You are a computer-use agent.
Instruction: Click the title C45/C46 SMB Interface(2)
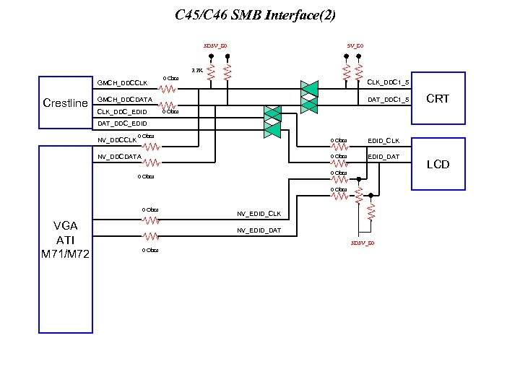click(x=255, y=14)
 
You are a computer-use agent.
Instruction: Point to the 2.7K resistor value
click(x=196, y=71)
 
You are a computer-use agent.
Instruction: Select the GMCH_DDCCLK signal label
click(x=122, y=83)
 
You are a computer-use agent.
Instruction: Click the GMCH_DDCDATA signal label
click(x=124, y=99)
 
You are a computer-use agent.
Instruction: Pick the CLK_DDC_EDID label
click(x=122, y=112)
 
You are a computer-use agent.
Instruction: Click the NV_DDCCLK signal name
click(x=117, y=139)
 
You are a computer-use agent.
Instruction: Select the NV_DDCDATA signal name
click(x=119, y=156)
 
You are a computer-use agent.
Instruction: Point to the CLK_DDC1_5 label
click(x=389, y=82)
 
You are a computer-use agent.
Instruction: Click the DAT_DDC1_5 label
click(x=389, y=99)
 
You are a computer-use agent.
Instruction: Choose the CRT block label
click(x=438, y=98)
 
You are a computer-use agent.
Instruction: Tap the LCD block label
click(x=438, y=165)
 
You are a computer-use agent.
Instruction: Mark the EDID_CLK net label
click(x=383, y=140)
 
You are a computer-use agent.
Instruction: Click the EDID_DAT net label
click(x=383, y=156)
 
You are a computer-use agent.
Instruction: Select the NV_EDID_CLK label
click(x=259, y=214)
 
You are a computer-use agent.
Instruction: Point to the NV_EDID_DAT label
click(x=259, y=230)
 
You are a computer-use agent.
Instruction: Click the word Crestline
click(x=65, y=103)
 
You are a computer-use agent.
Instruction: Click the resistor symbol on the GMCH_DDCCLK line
click(x=167, y=90)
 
